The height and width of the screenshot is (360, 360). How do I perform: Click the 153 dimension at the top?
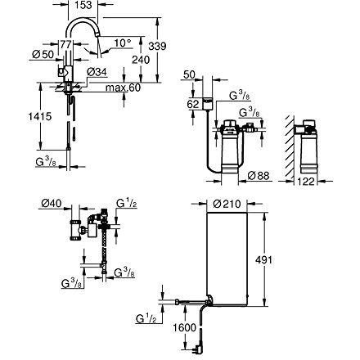pos(82,5)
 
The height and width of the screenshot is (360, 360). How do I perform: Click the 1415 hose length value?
pos(19,116)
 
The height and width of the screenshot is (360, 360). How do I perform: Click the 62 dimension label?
pos(193,106)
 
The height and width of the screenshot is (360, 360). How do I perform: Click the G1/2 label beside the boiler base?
pos(146,314)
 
